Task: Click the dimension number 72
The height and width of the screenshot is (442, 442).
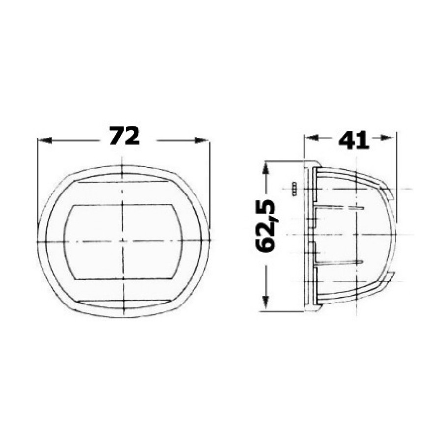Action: pyautogui.click(x=124, y=136)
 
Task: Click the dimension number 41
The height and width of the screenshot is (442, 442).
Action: pyautogui.click(x=354, y=140)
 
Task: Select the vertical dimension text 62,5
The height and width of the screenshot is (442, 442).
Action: pyautogui.click(x=265, y=225)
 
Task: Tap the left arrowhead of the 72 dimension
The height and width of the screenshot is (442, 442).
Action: pyautogui.click(x=45, y=140)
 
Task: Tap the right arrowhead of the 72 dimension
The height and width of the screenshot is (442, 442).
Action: pyautogui.click(x=202, y=140)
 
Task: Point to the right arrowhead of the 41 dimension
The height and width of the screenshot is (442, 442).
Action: pyautogui.click(x=387, y=138)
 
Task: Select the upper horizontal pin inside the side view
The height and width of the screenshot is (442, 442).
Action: pyautogui.click(x=339, y=208)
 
